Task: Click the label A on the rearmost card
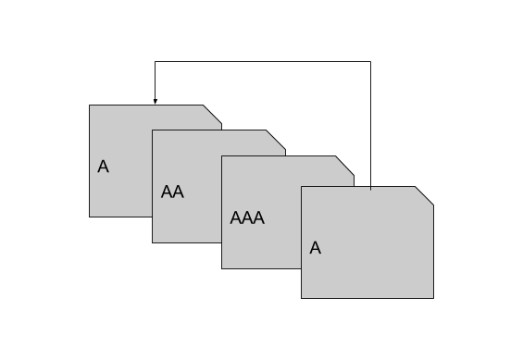[x=103, y=168]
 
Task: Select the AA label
[x=172, y=192]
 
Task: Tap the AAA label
[x=247, y=218]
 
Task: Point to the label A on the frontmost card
[x=315, y=248]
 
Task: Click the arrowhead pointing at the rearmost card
[x=155, y=101]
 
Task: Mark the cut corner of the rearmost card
[x=213, y=114]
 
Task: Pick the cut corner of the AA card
[x=276, y=139]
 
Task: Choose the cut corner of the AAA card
[x=344, y=165]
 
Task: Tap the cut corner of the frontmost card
[x=424, y=196]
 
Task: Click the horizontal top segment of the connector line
[x=263, y=62]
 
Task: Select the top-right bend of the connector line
[x=370, y=62]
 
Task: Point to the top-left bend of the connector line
[x=155, y=62]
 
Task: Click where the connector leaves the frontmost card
[x=370, y=187]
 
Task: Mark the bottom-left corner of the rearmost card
[x=90, y=217]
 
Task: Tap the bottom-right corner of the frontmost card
[x=433, y=298]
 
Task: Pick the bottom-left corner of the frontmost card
[x=302, y=298]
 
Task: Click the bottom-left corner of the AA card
[x=153, y=242]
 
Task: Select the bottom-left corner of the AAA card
[x=222, y=268]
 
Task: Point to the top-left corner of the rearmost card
[x=90, y=106]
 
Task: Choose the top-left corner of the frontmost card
[x=302, y=187]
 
